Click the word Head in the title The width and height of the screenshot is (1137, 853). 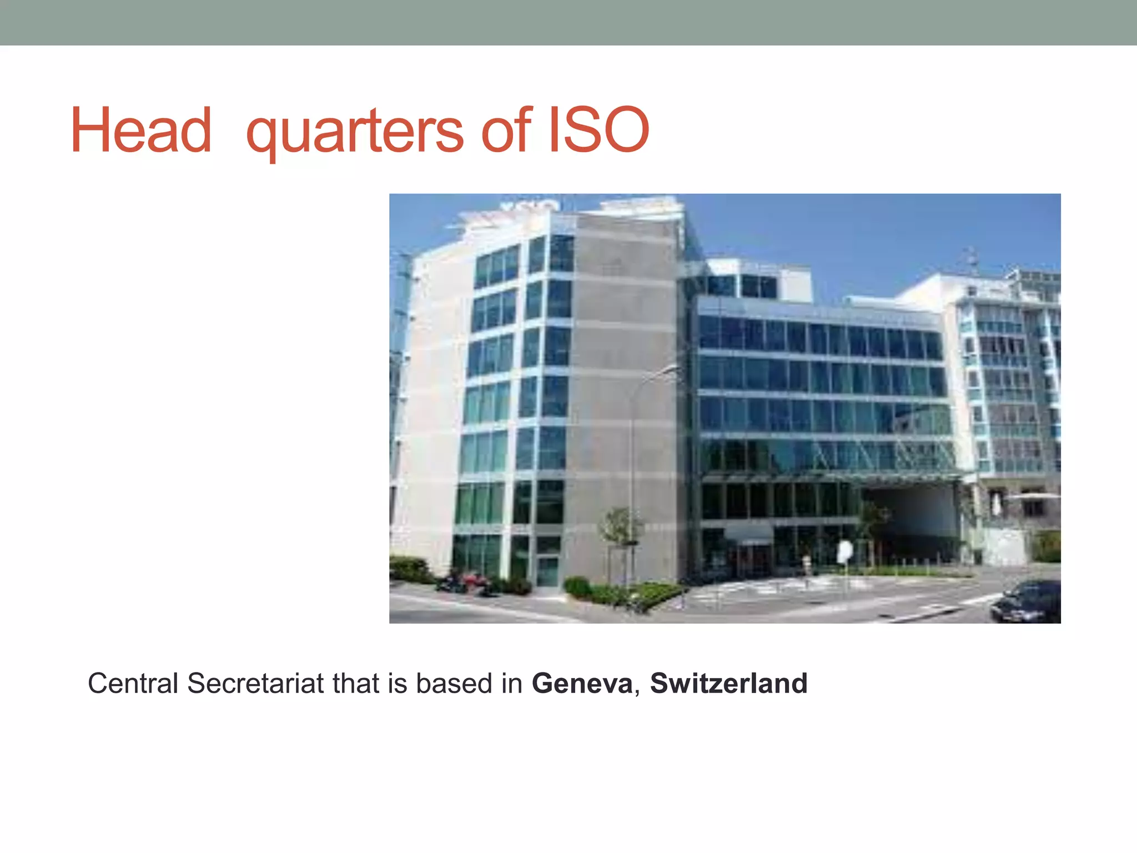coord(141,131)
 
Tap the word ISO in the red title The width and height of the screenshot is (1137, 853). coord(598,131)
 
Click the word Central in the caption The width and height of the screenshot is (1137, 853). coord(133,683)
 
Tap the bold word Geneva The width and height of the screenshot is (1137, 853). coord(582,683)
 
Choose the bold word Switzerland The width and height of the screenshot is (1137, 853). coord(729,683)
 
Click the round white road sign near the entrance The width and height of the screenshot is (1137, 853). coord(845,551)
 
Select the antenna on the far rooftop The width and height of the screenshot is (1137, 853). coord(972,261)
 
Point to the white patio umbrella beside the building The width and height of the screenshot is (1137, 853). coord(1033,496)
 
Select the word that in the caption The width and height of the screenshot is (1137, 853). coord(355,683)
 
